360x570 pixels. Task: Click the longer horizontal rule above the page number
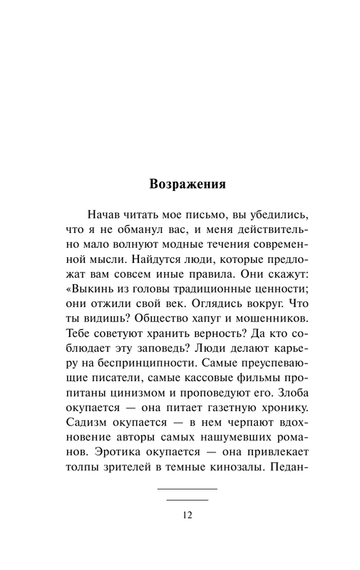pyautogui.click(x=187, y=489)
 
